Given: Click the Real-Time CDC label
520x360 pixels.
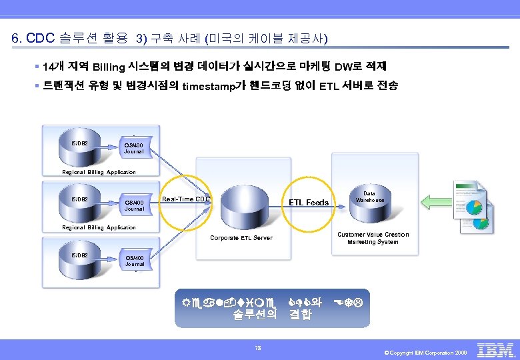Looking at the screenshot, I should click(187, 199).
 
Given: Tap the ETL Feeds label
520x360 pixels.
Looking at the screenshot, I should click(308, 202).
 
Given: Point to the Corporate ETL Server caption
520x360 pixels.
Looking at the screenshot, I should click(241, 238).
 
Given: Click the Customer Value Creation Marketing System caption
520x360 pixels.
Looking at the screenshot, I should click(373, 238).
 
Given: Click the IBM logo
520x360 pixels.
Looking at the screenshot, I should click(497, 350).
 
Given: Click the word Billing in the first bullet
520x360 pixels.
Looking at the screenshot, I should click(109, 67).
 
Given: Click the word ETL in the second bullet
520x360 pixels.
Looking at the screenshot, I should click(330, 86).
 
